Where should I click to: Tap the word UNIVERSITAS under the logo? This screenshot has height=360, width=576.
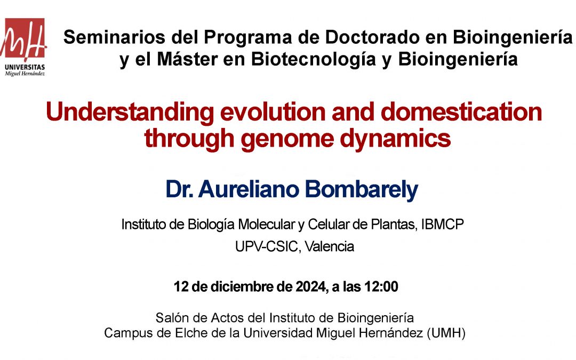coord(25,67)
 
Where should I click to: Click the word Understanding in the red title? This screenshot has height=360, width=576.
coord(130,113)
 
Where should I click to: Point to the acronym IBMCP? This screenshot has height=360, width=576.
coord(442,223)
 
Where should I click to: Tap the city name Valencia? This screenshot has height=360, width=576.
coord(330,246)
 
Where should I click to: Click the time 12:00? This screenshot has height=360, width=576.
coord(381,286)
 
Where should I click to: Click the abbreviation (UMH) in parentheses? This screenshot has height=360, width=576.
coord(446,333)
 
